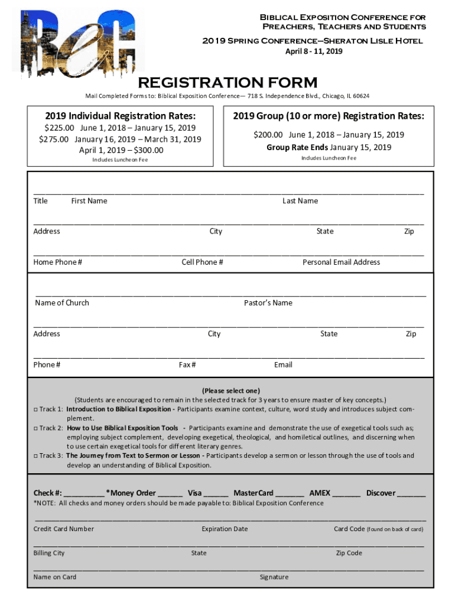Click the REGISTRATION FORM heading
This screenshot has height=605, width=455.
coord(227,82)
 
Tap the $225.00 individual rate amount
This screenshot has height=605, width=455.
coord(60,128)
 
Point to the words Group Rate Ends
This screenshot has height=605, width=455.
coord(297,147)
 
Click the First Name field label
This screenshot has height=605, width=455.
coord(89,201)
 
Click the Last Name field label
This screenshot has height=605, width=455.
coord(300,201)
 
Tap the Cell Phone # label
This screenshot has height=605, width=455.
coord(202,262)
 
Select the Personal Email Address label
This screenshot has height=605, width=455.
coord(341,262)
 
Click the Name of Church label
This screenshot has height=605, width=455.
coord(62,303)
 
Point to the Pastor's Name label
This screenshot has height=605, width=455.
coord(268,303)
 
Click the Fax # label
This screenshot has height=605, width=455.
coord(187,365)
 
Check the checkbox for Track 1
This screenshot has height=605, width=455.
coord(35,409)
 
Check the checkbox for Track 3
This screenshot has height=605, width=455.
coord(35,456)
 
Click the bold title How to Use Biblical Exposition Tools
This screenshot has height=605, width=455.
coord(122,428)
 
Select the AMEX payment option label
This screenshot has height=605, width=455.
coord(320,493)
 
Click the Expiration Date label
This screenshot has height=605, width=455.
coord(225,529)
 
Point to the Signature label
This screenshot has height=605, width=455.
coord(274,577)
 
